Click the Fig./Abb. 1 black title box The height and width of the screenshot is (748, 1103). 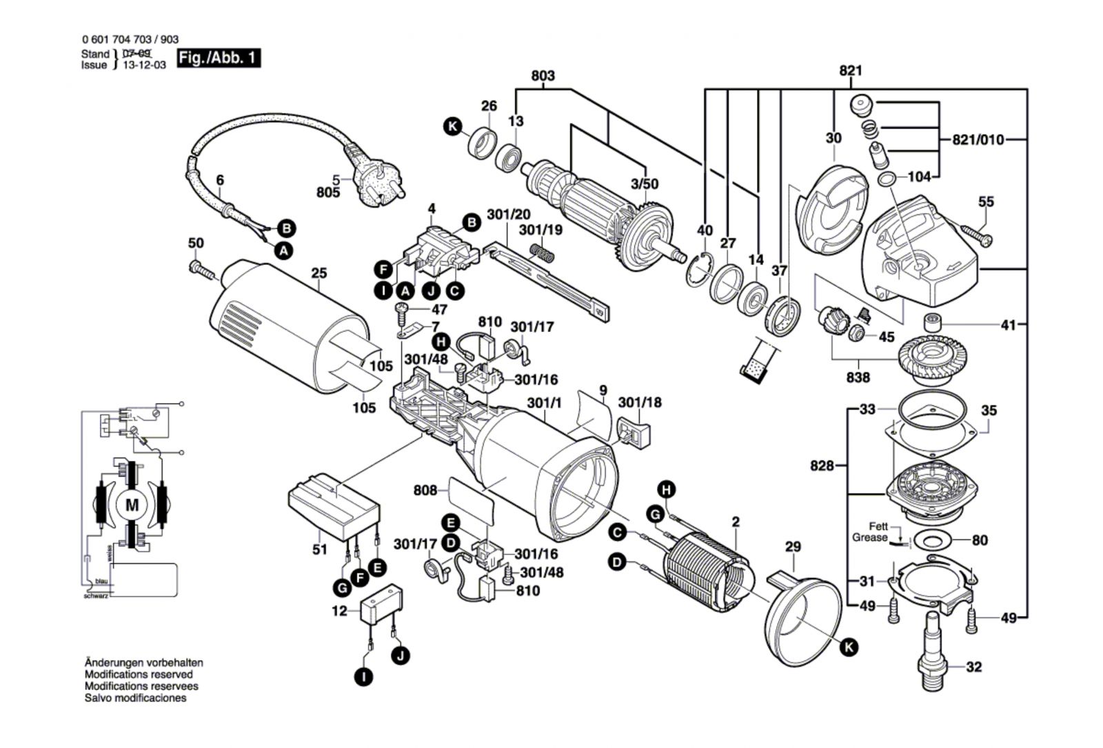click(x=219, y=58)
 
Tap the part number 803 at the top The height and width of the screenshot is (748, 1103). click(x=543, y=76)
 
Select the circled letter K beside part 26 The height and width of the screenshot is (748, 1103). click(x=452, y=127)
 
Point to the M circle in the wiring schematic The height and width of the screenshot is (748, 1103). click(x=132, y=506)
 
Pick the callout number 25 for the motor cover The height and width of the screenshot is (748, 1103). click(x=318, y=273)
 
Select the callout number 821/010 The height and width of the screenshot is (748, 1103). click(x=978, y=140)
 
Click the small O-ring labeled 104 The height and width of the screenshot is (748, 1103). click(x=887, y=180)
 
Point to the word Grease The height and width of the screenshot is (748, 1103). click(x=869, y=538)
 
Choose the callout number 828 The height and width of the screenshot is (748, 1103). click(x=822, y=466)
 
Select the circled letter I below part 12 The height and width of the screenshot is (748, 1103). click(x=363, y=677)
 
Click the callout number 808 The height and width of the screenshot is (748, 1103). click(x=425, y=490)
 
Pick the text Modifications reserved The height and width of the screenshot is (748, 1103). click(x=139, y=675)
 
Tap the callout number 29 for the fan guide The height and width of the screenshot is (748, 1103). click(x=793, y=547)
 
